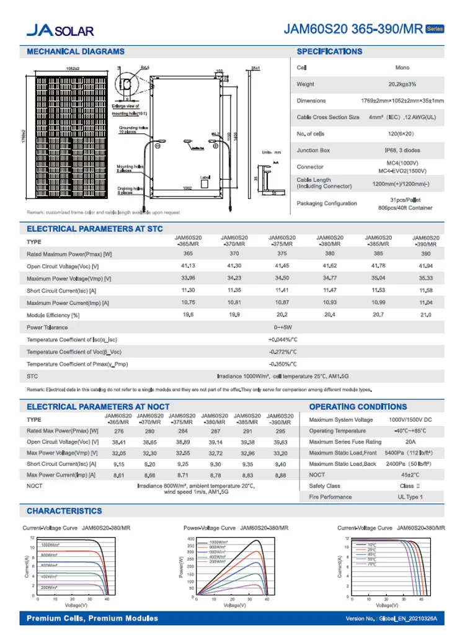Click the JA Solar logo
click(60, 30)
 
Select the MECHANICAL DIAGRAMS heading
click(76, 51)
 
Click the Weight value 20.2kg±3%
click(402, 84)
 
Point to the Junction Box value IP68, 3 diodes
click(402, 150)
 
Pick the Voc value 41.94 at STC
click(425, 265)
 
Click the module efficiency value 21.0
click(425, 315)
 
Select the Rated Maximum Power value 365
click(188, 253)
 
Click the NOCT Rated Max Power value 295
click(280, 430)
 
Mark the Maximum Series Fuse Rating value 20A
click(410, 442)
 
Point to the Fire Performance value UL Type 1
click(410, 497)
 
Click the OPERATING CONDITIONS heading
click(358, 407)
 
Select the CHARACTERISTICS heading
click(64, 511)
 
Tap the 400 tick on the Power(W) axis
click(191, 540)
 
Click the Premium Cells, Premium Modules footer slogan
click(92, 618)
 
